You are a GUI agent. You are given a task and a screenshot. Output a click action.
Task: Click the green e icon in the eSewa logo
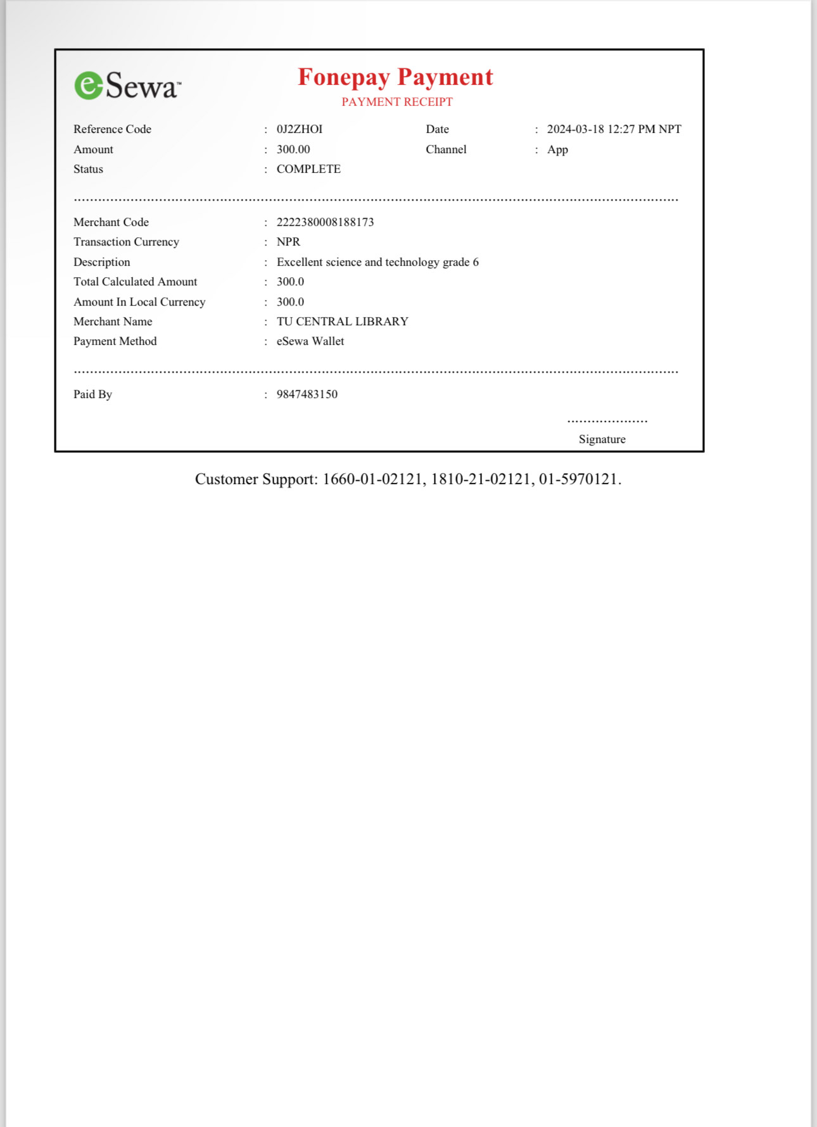[89, 85]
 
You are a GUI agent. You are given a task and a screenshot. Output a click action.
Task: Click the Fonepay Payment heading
[395, 77]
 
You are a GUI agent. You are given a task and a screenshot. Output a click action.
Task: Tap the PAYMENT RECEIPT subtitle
[397, 102]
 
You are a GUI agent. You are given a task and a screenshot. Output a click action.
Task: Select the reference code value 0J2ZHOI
[300, 129]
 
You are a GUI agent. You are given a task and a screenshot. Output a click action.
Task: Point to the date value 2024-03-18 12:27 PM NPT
[614, 129]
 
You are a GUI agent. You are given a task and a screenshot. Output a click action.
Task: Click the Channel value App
[557, 149]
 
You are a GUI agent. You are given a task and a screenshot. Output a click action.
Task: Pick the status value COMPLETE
[308, 169]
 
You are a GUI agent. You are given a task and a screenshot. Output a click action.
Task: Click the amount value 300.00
[293, 149]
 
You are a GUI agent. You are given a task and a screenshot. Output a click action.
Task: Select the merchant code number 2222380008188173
[325, 222]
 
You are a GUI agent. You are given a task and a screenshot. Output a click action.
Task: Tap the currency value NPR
[288, 242]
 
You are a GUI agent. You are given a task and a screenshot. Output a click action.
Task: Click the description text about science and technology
[377, 262]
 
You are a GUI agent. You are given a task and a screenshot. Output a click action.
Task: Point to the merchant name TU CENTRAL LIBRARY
[342, 321]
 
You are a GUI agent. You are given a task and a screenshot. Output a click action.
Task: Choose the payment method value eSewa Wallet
[310, 341]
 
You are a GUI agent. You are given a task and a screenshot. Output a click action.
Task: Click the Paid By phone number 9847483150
[307, 394]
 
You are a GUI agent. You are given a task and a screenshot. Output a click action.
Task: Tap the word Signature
[602, 439]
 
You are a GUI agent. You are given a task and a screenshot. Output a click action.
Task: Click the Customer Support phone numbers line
[408, 479]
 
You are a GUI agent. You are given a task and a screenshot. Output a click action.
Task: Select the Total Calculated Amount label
[135, 282]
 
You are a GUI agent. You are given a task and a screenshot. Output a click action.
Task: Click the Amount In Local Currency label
[139, 302]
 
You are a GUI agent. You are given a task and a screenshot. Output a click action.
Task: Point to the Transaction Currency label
[126, 242]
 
